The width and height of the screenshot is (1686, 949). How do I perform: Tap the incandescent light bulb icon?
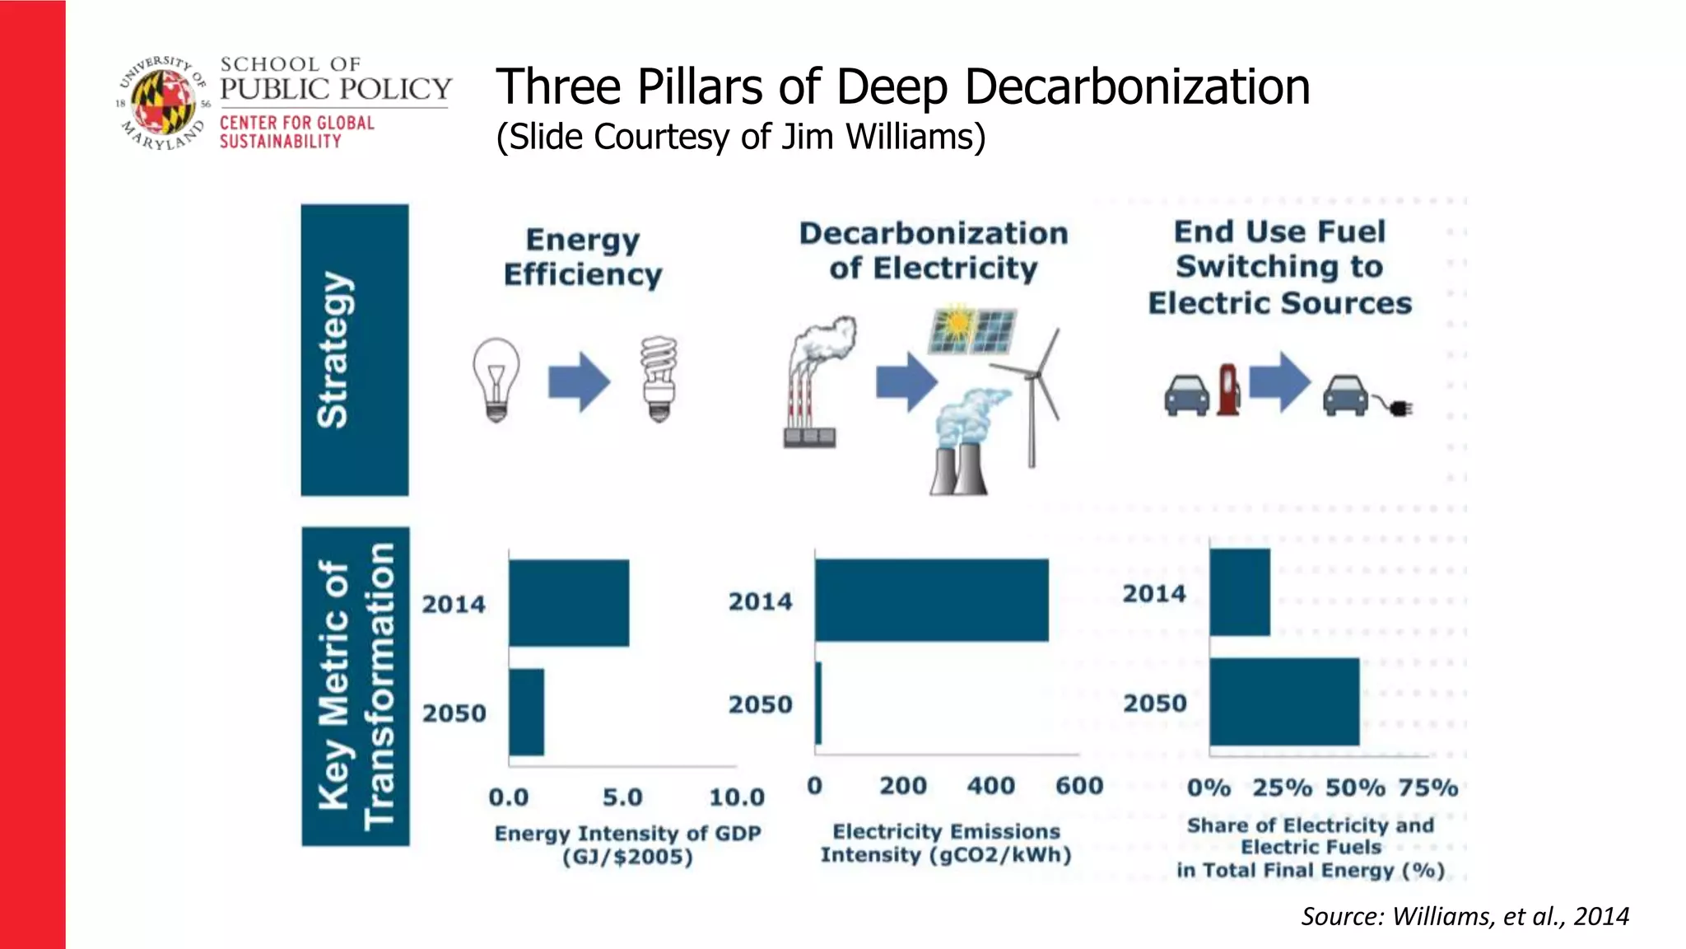pos(496,380)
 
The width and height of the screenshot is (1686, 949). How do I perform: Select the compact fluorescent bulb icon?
pos(659,379)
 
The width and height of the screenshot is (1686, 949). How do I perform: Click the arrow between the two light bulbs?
pos(579,381)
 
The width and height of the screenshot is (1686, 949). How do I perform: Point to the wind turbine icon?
pos(1033,395)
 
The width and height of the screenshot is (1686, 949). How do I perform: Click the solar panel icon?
pos(971,330)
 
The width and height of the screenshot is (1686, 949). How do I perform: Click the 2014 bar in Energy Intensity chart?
pos(568,603)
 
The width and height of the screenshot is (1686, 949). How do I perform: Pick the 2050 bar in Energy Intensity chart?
pos(526,712)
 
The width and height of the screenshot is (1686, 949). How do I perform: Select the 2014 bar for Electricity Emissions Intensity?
pos(931,600)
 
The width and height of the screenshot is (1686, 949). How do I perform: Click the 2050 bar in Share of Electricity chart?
pos(1283,702)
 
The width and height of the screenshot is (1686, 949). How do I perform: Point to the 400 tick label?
pos(990,786)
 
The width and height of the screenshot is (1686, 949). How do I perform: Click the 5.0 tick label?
pos(622,797)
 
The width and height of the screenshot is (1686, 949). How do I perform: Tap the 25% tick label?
pos(1282,788)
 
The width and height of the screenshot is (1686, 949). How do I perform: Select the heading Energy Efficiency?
pos(583,257)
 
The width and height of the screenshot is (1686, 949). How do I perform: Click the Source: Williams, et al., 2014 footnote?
pos(1465,916)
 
